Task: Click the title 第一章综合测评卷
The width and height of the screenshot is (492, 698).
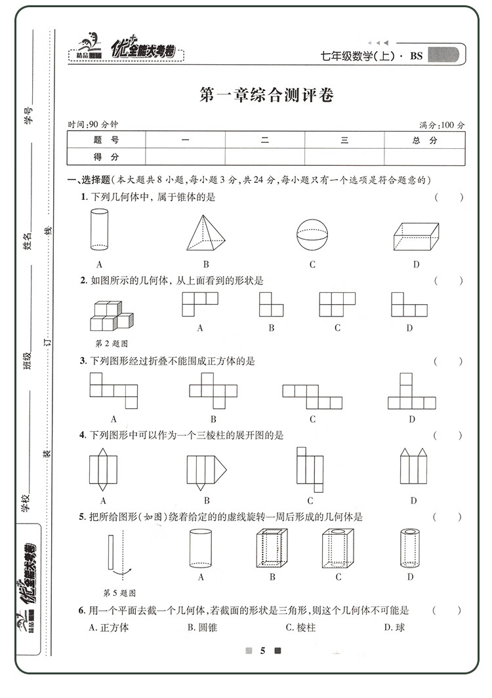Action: click(266, 96)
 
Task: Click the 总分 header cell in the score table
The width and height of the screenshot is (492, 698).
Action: click(424, 140)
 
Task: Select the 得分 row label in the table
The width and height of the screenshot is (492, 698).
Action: click(106, 157)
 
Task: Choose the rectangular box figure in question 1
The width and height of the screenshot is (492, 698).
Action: click(415, 236)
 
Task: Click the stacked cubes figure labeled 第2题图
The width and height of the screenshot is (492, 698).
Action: click(111, 316)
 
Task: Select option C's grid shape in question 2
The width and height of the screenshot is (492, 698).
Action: click(337, 304)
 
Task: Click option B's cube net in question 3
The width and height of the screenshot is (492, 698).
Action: click(213, 389)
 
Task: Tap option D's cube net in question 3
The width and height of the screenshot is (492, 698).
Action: click(411, 391)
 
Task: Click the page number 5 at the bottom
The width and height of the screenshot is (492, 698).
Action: click(262, 651)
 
